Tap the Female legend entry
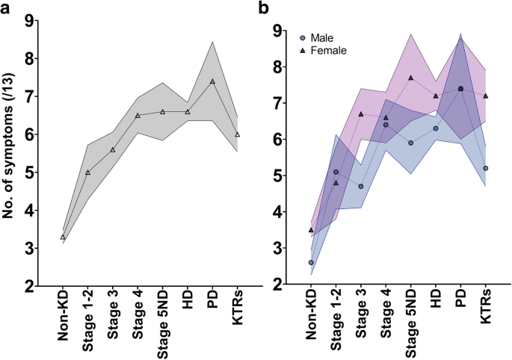tap(323, 50)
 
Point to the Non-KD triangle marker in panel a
tap(62, 237)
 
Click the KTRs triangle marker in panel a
tap(237, 134)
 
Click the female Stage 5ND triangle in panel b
tap(411, 78)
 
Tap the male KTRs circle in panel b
tap(486, 168)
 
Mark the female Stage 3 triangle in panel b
tap(361, 114)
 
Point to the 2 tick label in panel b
tap(277, 285)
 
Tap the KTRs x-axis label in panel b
tap(486, 310)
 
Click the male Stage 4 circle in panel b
tap(386, 125)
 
